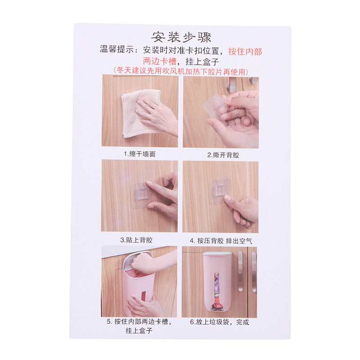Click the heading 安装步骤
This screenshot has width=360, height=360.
(x=181, y=37)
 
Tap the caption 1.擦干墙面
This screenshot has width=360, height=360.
(x=139, y=154)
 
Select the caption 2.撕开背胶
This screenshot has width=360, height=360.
(x=223, y=155)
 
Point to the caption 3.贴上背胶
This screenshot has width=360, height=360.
(x=136, y=240)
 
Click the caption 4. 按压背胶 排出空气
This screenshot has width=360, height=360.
(x=221, y=241)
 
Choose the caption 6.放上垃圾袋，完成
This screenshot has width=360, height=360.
(x=220, y=322)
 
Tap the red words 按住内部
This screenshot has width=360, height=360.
(x=245, y=51)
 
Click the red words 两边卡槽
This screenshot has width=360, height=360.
(x=160, y=61)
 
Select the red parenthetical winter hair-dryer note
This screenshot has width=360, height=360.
(x=181, y=72)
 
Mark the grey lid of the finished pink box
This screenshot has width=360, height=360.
(x=218, y=254)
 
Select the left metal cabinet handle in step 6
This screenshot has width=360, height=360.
(x=240, y=271)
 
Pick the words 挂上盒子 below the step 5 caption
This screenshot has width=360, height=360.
(x=139, y=331)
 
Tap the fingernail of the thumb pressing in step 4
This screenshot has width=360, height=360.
(x=227, y=198)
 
